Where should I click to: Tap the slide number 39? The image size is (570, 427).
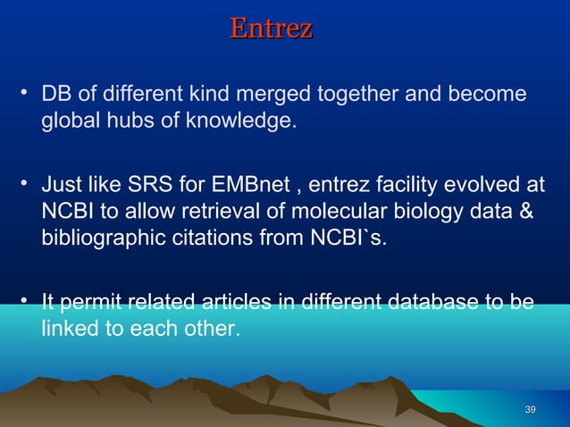(x=530, y=409)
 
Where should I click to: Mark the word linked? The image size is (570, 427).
(x=70, y=329)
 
